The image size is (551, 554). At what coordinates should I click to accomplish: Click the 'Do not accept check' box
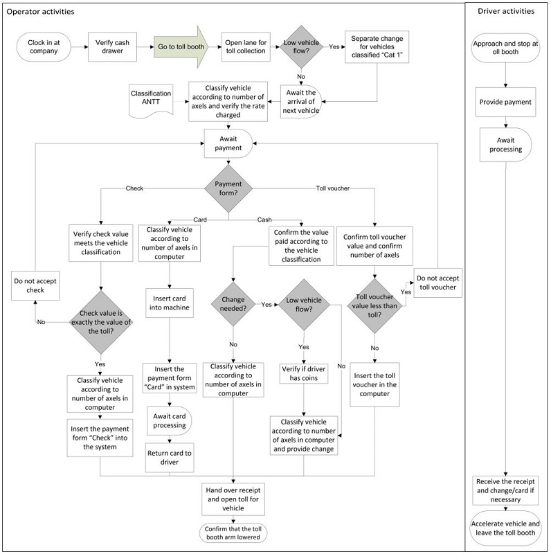point(39,285)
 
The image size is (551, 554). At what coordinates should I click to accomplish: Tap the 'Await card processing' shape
point(170,420)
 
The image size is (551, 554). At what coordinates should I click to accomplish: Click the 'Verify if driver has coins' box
point(304,373)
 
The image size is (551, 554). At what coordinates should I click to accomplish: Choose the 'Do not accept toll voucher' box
point(437,283)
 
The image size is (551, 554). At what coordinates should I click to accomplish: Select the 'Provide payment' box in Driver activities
point(505,102)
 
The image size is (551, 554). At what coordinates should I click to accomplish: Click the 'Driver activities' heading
point(505,12)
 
